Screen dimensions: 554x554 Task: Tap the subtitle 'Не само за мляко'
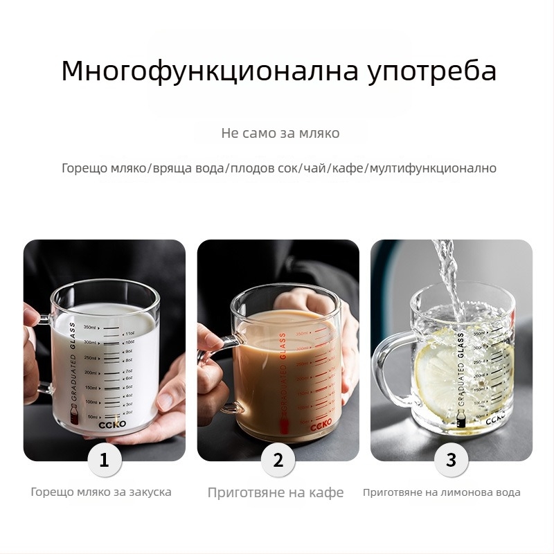tap(280, 133)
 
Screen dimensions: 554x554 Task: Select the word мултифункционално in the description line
tap(433, 168)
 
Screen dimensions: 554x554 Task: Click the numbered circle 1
tap(105, 460)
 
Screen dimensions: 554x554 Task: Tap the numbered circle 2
tap(278, 460)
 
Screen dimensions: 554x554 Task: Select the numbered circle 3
tap(452, 460)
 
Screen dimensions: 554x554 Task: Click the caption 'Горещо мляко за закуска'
tap(101, 492)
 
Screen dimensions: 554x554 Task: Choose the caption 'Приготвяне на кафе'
tap(276, 493)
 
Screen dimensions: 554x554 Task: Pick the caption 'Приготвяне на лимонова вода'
tap(442, 493)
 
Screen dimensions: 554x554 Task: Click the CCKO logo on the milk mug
tap(111, 427)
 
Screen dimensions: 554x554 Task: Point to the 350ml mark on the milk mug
tap(89, 327)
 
